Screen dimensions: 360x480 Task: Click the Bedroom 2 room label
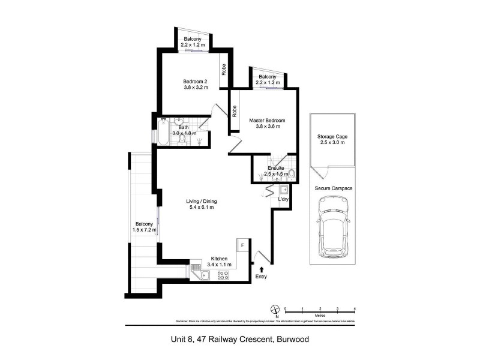point(196,82)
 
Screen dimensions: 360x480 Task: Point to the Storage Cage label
point(332,137)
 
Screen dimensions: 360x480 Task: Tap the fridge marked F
point(243,245)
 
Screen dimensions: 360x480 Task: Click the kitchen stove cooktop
point(223,275)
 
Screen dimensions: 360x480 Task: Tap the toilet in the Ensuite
point(291,174)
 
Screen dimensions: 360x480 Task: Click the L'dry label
point(283,199)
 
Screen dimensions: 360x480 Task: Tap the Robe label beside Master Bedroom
point(234,111)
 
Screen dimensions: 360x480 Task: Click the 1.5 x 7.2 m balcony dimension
point(144,229)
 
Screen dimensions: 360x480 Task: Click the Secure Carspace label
point(332,188)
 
